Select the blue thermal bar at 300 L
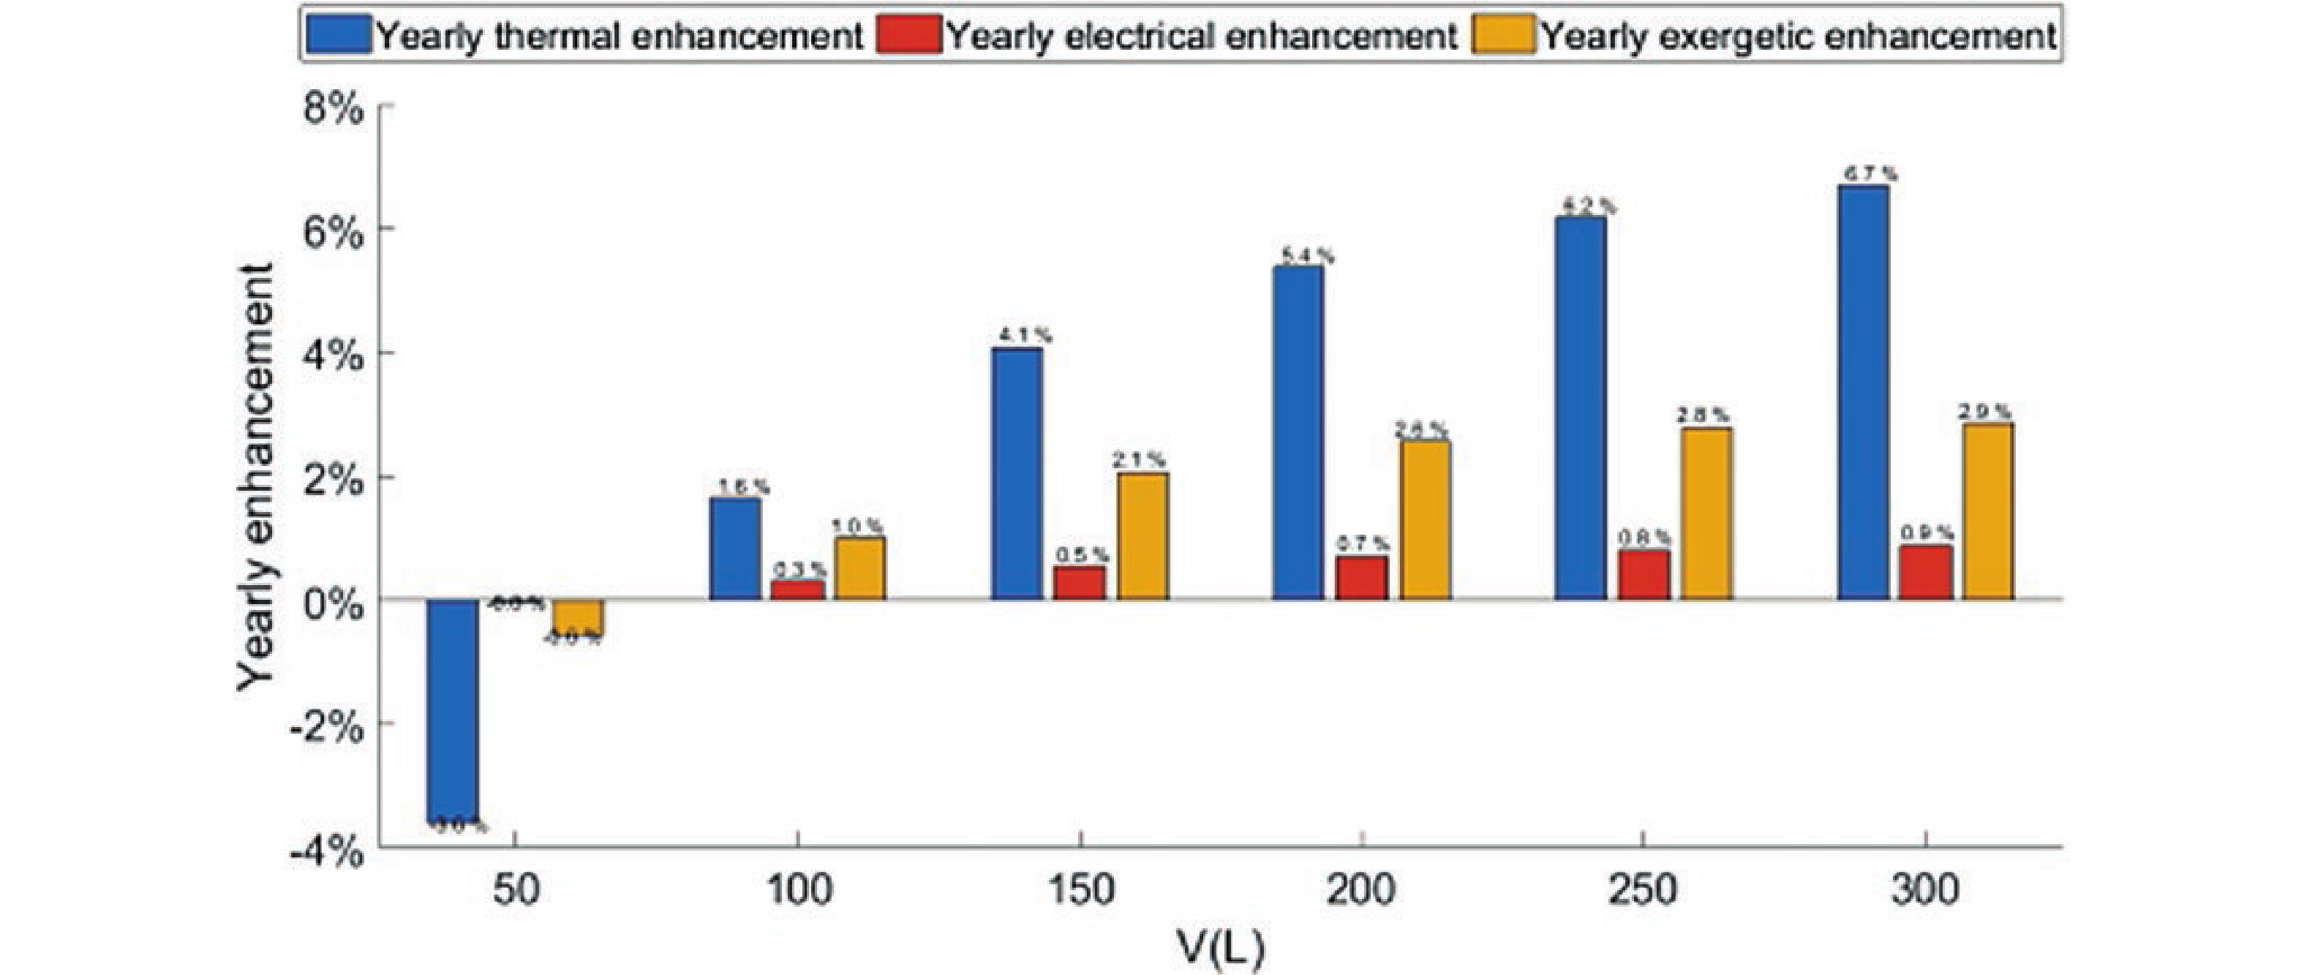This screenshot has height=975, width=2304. coord(1862,393)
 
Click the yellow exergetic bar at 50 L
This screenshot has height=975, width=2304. coord(577,617)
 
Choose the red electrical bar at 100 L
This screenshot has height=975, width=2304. coord(797,590)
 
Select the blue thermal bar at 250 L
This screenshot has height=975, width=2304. coord(1581,408)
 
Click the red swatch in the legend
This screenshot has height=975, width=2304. coord(908,37)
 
